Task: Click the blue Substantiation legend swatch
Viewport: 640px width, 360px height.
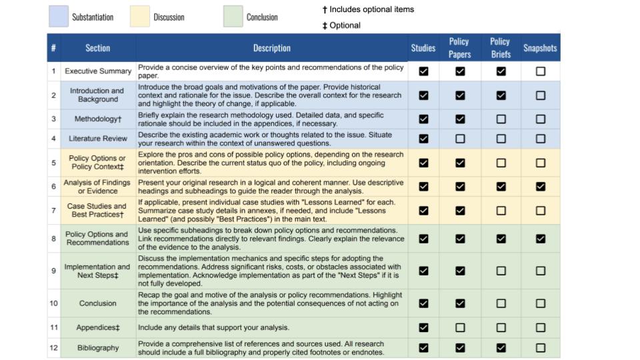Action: tap(59, 17)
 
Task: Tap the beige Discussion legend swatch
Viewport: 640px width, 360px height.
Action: tap(140, 17)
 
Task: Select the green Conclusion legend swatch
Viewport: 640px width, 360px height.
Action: tap(233, 17)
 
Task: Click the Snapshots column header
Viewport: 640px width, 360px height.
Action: tap(540, 48)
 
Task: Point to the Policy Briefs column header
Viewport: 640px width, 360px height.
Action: tap(500, 48)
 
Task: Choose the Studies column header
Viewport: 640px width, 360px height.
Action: tap(423, 48)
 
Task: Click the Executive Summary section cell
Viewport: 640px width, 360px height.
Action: tap(98, 71)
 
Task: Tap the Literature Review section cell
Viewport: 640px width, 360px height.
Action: tap(98, 139)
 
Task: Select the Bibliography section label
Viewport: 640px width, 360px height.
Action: tap(98, 348)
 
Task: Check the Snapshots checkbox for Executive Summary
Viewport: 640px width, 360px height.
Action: tap(540, 71)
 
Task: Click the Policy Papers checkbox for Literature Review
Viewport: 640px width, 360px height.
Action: tap(460, 139)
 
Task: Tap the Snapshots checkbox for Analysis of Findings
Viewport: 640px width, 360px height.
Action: tap(540, 187)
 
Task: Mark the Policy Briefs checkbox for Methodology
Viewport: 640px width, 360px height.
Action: tap(501, 119)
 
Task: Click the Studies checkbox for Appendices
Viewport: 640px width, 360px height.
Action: tap(423, 327)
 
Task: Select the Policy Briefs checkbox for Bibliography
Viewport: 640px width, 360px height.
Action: tap(501, 347)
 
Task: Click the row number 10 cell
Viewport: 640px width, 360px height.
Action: tap(53, 303)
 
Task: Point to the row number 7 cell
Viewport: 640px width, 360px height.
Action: tap(53, 211)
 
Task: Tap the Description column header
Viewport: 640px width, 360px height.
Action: tap(271, 48)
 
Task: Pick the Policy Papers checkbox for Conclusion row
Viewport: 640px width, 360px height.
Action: tap(460, 303)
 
